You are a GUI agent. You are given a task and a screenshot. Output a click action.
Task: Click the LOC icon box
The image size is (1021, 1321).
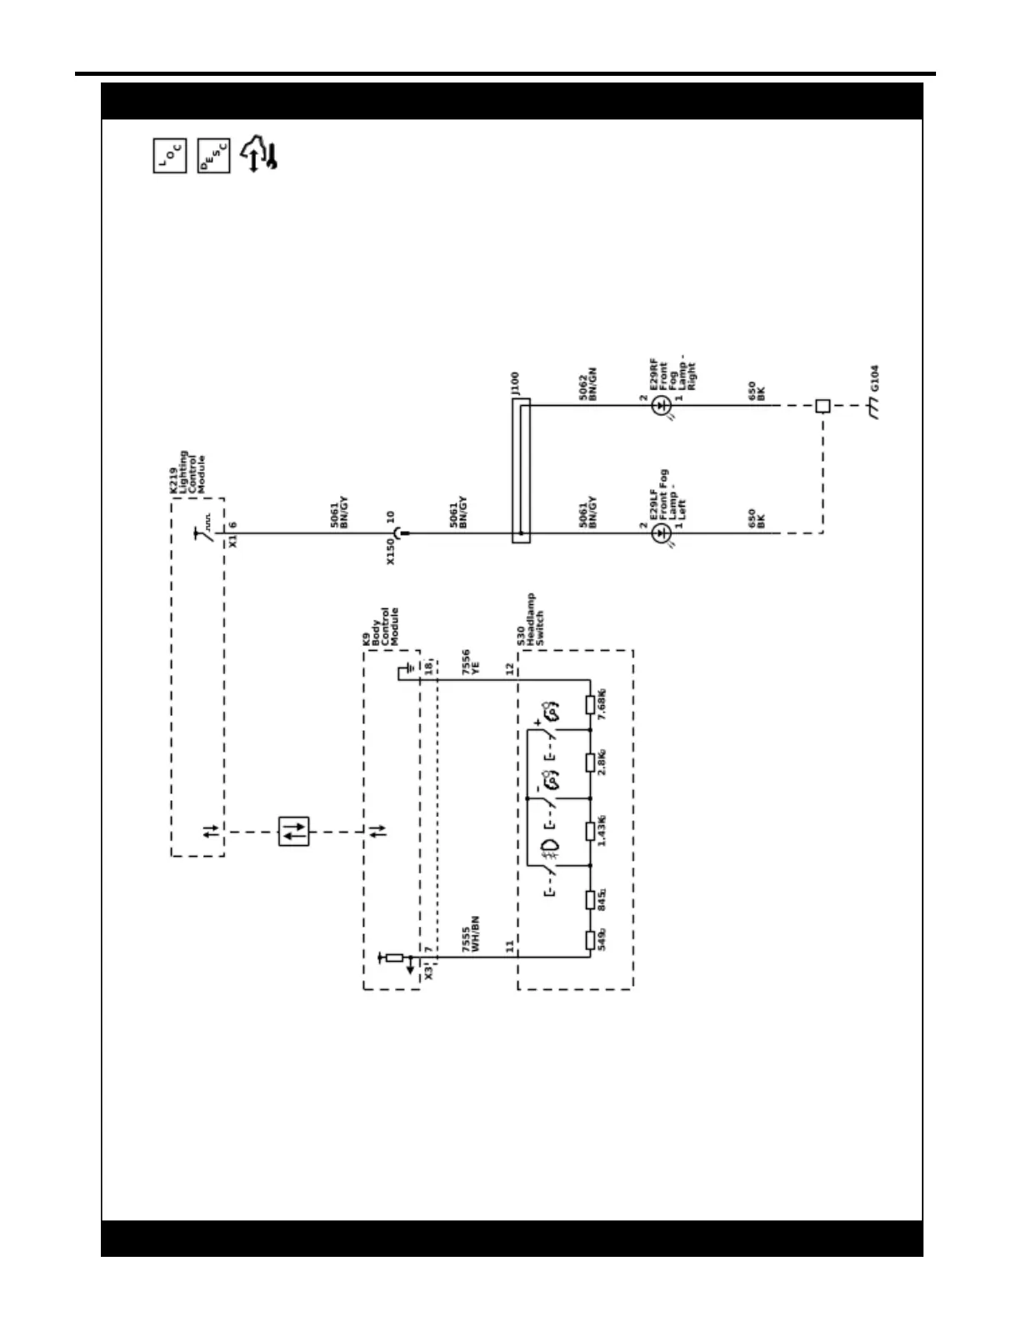[x=170, y=156]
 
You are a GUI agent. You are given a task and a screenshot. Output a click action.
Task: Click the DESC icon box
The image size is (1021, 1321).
[x=213, y=156]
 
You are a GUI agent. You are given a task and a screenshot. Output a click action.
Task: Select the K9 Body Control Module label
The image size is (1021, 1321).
[x=380, y=627]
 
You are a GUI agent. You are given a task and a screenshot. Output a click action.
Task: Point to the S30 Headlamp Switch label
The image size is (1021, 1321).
[x=531, y=621]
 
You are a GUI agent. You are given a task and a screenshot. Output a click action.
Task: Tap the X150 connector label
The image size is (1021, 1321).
[x=390, y=551]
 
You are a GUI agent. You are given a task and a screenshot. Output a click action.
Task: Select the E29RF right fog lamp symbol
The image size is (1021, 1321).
[x=661, y=406]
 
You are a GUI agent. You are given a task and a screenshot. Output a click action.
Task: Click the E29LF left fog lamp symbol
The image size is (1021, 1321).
[x=661, y=533]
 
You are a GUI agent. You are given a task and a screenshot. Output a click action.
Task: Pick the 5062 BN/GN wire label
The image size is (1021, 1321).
[x=588, y=384]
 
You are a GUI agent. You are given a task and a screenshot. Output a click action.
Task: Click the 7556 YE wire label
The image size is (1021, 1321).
[x=470, y=663]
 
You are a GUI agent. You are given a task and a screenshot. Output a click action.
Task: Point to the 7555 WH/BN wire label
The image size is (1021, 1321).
[x=470, y=934]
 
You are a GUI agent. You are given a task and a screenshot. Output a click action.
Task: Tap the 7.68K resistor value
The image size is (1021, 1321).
[x=602, y=704]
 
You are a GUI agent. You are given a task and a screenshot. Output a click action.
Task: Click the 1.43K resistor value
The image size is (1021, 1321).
[x=602, y=830]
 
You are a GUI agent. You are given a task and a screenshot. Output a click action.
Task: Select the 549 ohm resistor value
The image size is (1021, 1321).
[x=602, y=938]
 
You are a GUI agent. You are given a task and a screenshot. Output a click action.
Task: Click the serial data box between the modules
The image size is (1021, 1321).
[x=293, y=831]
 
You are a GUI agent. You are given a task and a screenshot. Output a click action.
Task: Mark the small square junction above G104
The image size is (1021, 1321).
[x=823, y=406]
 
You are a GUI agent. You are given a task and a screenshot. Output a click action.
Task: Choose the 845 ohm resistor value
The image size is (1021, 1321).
[x=602, y=899]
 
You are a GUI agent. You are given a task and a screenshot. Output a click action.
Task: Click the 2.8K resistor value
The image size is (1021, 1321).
[x=602, y=762]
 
